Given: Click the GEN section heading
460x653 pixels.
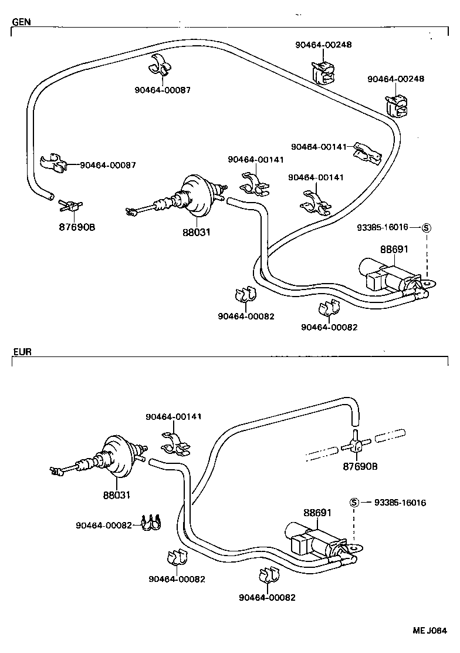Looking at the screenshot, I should (22, 22).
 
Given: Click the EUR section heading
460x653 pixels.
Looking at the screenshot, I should (22, 352).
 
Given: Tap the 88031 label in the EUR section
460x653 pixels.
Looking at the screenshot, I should (116, 495).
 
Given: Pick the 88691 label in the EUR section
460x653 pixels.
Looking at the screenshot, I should (317, 513).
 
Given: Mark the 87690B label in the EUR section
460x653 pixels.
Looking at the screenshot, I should (360, 466).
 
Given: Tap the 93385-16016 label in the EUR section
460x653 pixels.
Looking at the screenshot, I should (399, 503).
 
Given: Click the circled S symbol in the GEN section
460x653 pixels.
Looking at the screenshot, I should (427, 228).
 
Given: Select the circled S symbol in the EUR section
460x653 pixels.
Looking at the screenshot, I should (354, 503).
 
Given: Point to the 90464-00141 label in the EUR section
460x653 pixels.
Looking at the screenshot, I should (174, 416).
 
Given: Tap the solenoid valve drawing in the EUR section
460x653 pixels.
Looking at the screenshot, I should (317, 538).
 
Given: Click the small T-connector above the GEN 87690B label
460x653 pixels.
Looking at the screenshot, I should (69, 206).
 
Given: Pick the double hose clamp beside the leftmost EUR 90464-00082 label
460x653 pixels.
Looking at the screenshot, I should (152, 523).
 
